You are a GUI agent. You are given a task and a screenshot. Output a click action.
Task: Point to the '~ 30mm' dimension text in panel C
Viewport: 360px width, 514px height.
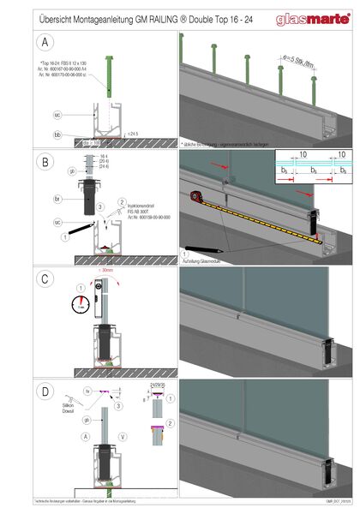pyautogui.click(x=106, y=271)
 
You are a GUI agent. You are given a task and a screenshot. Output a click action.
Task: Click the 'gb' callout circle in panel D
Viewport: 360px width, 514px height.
pyautogui.click(x=87, y=421)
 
